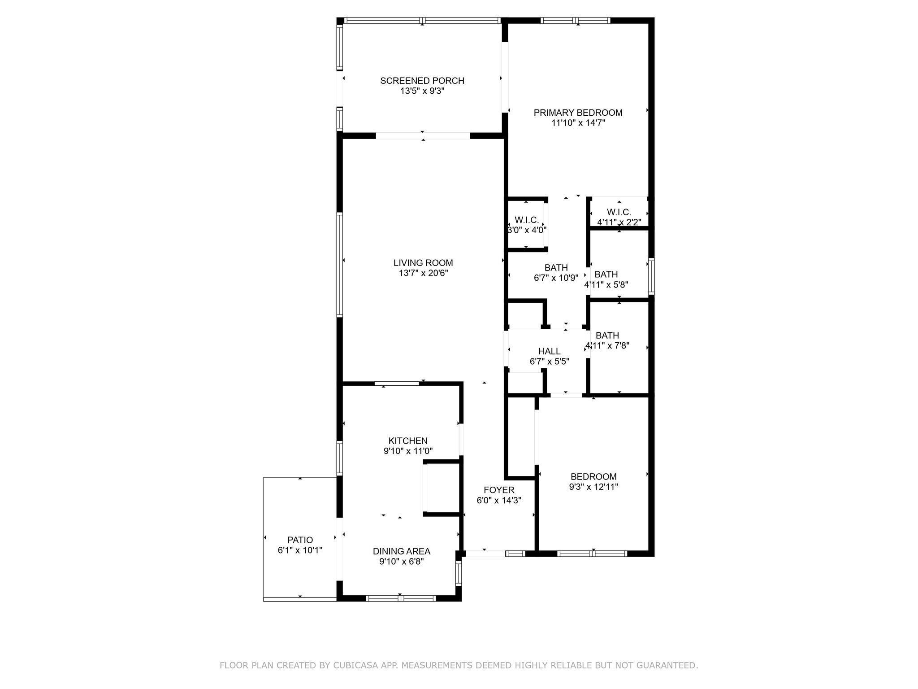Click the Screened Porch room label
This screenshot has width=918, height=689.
(422, 81)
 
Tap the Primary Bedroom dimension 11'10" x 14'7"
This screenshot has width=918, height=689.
(578, 123)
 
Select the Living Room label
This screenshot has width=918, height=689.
(423, 263)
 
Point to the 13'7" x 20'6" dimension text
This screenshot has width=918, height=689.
(423, 273)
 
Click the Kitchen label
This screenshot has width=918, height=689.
(408, 441)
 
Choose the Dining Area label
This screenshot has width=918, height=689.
(402, 551)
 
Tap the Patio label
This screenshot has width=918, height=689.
(300, 540)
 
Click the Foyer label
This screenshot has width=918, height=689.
(499, 490)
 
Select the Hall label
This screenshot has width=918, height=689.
(549, 351)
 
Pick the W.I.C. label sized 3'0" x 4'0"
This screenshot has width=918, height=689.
(526, 220)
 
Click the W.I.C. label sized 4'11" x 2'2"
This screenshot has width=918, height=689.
(619, 212)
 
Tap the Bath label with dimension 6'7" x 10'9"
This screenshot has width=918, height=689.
(556, 268)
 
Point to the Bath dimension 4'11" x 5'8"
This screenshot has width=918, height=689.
(606, 284)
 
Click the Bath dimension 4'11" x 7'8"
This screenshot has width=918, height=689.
(607, 345)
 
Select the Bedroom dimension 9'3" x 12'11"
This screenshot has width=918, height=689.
(593, 487)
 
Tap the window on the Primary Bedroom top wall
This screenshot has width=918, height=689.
(576, 20)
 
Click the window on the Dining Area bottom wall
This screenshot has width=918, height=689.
(401, 598)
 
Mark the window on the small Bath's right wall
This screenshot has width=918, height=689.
(651, 276)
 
